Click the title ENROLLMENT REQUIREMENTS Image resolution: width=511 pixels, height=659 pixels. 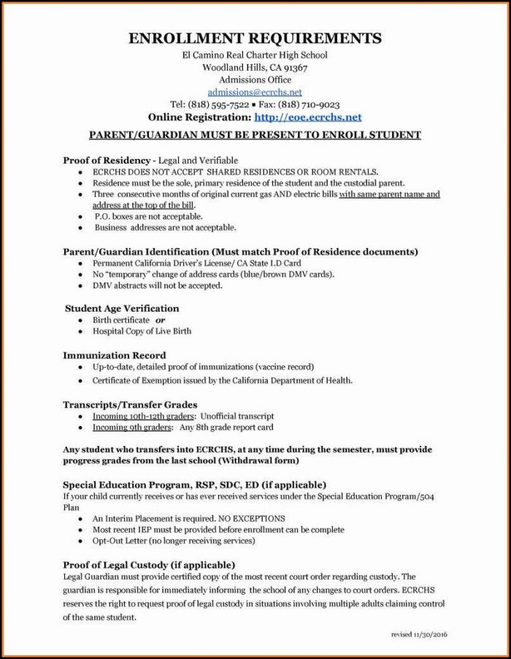[x=255, y=39]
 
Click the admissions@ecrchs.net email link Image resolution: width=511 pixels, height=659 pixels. [x=254, y=92]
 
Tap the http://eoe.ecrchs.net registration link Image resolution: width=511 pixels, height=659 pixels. [x=307, y=117]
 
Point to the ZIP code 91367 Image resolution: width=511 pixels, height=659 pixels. [x=291, y=67]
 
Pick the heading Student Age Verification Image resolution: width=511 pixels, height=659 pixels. [x=121, y=308]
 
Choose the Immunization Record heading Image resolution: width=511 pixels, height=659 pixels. [x=114, y=355]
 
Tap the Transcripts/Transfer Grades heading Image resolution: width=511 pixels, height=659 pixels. [x=130, y=404]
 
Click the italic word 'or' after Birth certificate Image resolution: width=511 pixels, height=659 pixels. [x=160, y=320]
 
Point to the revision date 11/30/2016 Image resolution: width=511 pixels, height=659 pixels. [x=435, y=635]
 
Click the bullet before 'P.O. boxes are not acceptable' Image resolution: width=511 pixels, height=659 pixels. [x=80, y=217]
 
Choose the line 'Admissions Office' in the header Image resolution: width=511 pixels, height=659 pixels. [x=255, y=80]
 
